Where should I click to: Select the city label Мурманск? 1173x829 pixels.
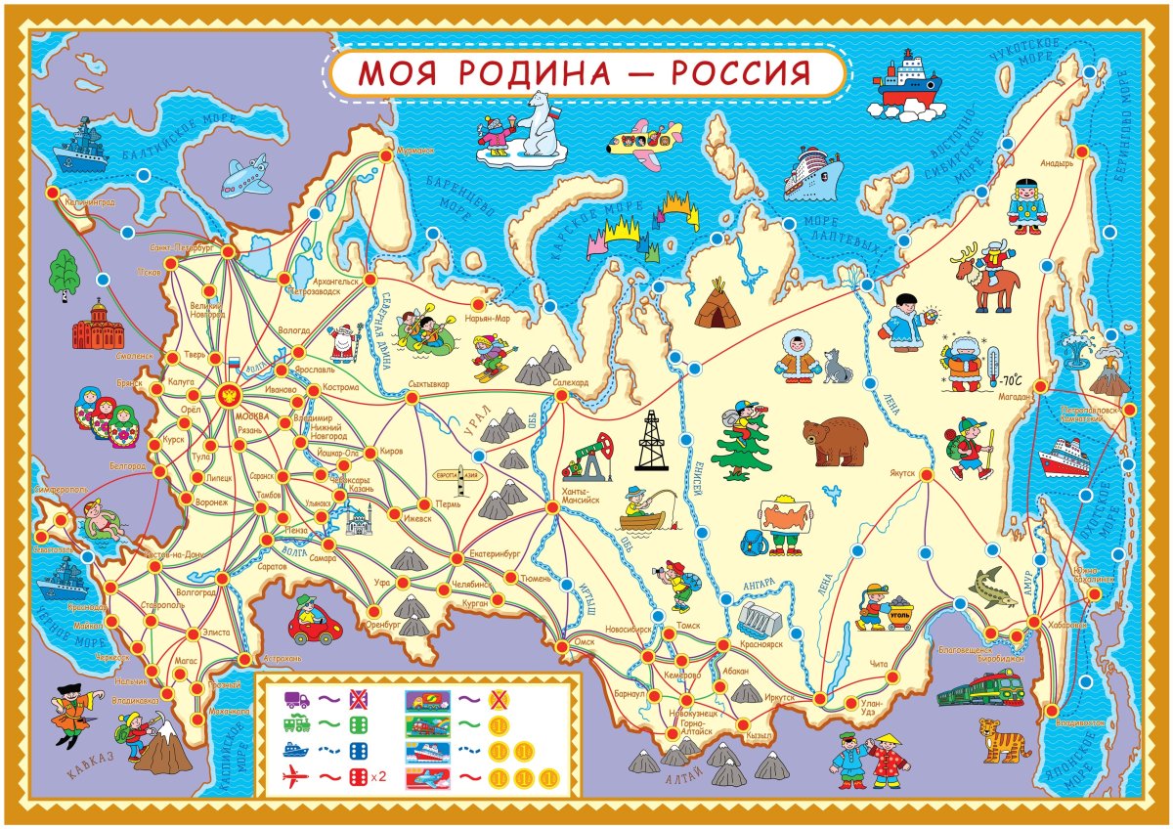[x=414, y=152]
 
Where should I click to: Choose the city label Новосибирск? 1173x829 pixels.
[x=629, y=631]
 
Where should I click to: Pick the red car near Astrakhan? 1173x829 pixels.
[x=312, y=622]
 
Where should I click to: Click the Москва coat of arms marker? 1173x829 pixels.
[x=232, y=396]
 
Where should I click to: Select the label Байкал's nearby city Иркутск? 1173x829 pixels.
[x=780, y=698]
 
